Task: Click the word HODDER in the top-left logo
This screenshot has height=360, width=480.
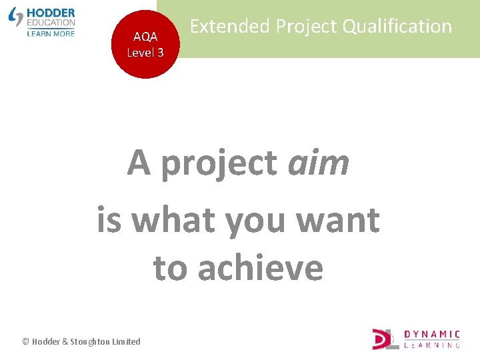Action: [x=51, y=13]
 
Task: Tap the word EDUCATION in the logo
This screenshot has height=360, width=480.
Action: [x=51, y=22]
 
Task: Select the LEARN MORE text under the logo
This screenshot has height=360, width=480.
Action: [x=51, y=33]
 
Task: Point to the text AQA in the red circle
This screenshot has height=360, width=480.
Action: [x=145, y=37]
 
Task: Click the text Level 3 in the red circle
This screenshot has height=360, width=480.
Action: [x=145, y=52]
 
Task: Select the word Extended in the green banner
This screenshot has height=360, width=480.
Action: [x=230, y=27]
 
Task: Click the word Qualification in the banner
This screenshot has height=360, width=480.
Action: [x=397, y=27]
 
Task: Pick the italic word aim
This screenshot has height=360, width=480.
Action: [x=318, y=163]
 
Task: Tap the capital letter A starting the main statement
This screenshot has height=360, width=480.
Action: [x=139, y=163]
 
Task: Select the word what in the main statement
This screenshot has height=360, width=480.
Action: [x=175, y=220]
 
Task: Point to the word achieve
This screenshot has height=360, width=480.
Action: [x=261, y=268]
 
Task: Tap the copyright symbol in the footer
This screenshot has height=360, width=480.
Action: [x=26, y=341]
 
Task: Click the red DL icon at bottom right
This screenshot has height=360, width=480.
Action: [x=385, y=339]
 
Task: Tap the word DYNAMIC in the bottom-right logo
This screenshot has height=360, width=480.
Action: [x=432, y=334]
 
